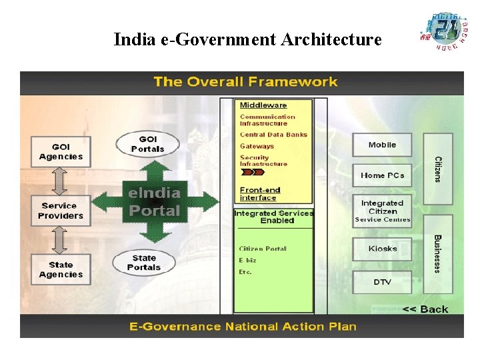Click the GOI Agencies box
click(61, 152)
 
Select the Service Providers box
click(61, 211)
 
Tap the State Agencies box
click(61, 269)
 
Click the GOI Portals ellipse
click(147, 144)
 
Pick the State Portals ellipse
click(144, 263)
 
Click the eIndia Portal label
click(155, 202)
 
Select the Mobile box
click(382, 145)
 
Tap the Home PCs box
click(382, 175)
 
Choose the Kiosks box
click(382, 249)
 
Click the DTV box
click(382, 282)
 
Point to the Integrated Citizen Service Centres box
click(382, 211)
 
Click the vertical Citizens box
click(438, 169)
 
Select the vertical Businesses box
click(438, 253)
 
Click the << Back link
click(425, 309)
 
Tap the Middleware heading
click(263, 105)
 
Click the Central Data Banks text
click(273, 135)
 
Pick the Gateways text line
click(257, 146)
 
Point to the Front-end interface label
click(260, 194)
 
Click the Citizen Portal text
click(263, 249)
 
